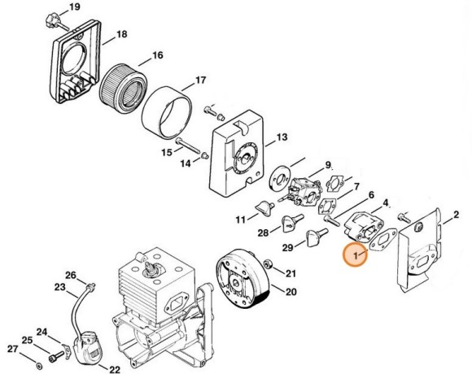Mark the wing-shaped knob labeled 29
[312, 237]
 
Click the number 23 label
[60, 287]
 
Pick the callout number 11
[241, 220]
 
